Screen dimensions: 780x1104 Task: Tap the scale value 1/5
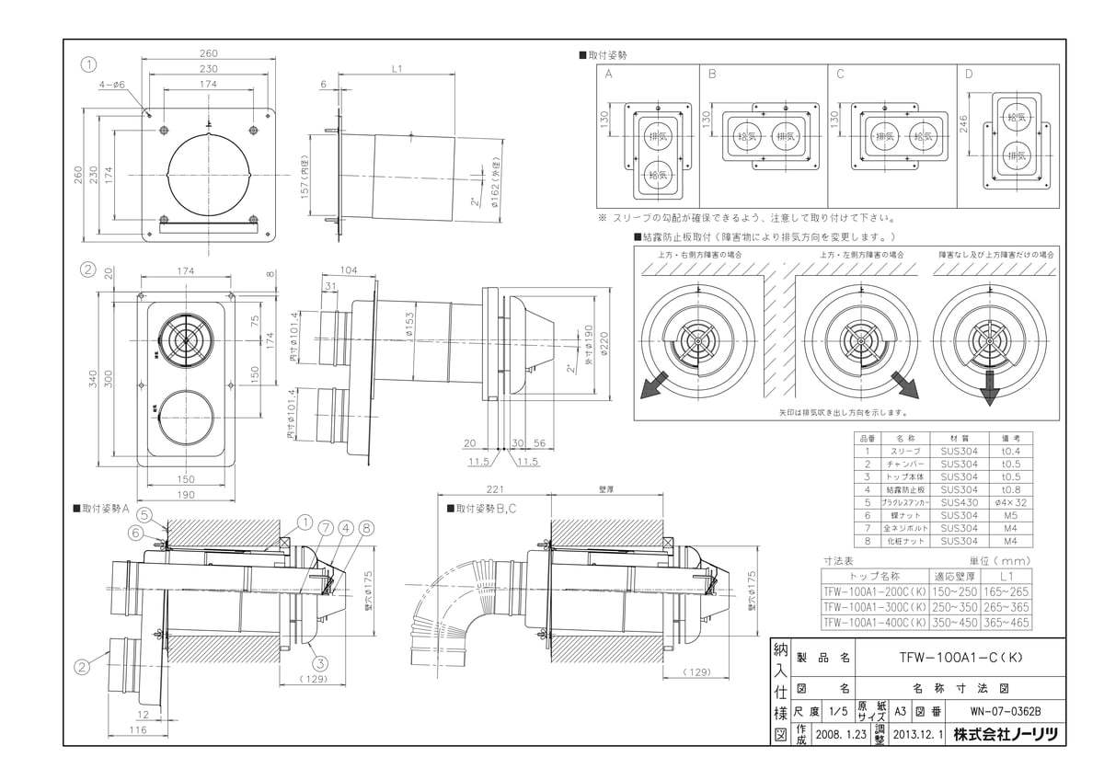click(x=837, y=711)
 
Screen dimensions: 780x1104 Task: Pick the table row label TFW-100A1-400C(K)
click(x=870, y=623)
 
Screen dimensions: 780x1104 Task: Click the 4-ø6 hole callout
click(x=111, y=84)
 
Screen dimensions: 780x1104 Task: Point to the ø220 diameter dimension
click(x=603, y=346)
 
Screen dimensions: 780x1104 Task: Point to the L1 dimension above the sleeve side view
click(x=396, y=69)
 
